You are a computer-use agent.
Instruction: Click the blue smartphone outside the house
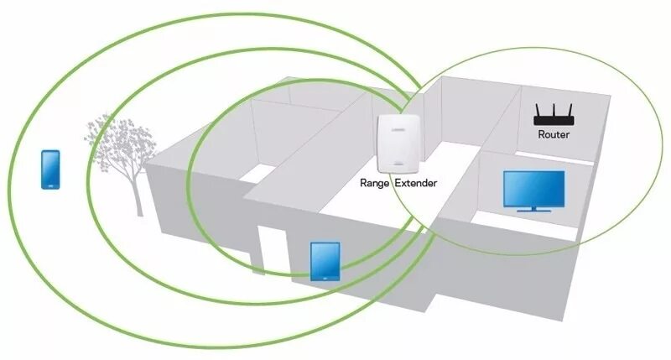tap(50, 169)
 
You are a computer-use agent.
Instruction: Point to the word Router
tap(554, 134)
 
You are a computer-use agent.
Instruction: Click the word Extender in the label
tap(417, 181)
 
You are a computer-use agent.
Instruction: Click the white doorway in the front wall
tap(269, 252)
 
